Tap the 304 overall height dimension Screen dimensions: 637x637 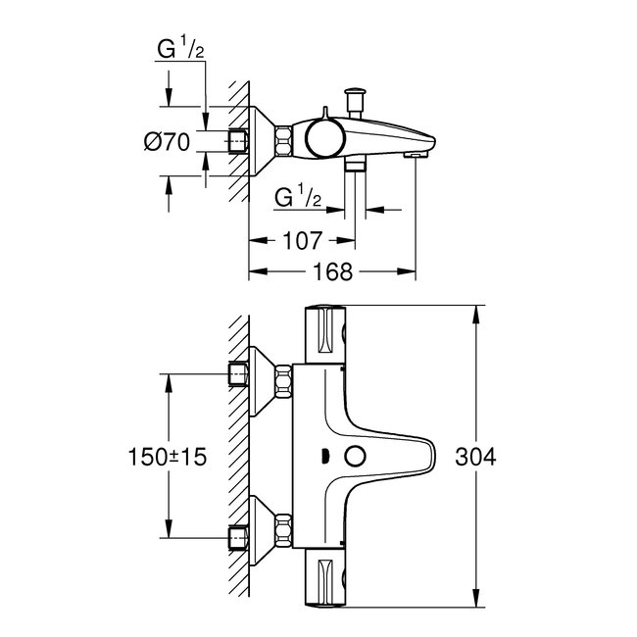(476, 458)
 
